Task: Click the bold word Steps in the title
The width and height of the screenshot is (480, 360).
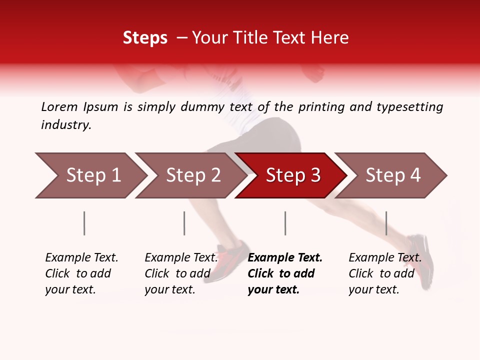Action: (x=145, y=38)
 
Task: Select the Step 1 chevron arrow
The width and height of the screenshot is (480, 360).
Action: (x=90, y=175)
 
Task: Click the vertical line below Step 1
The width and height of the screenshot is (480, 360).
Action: (x=84, y=223)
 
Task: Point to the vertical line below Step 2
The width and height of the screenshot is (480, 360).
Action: (x=184, y=223)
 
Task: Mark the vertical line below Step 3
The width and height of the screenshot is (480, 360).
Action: (x=285, y=223)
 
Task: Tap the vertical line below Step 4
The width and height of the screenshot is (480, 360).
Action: (x=386, y=223)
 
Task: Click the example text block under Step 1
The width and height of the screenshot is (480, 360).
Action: (x=81, y=273)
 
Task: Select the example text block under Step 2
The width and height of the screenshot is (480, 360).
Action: (x=181, y=273)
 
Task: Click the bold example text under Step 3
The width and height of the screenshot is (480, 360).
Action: (x=285, y=273)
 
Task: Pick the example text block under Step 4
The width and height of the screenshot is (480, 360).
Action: (x=385, y=273)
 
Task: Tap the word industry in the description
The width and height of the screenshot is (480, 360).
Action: (x=66, y=125)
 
